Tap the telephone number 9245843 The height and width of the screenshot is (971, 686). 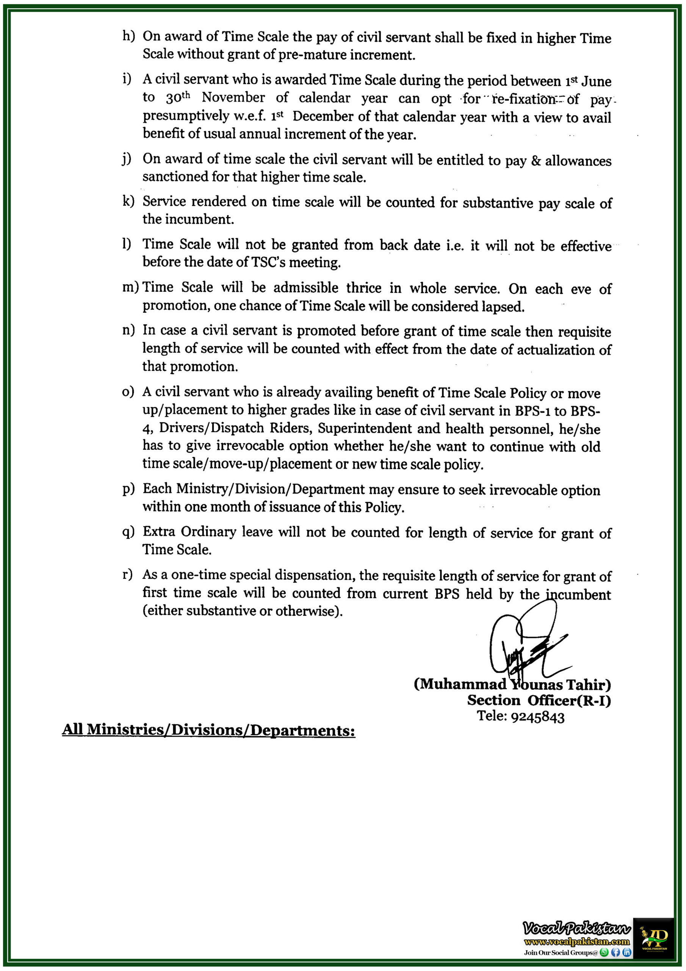click(x=538, y=717)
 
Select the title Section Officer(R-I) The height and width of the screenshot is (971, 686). click(x=539, y=700)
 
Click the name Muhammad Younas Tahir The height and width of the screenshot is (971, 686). click(x=512, y=684)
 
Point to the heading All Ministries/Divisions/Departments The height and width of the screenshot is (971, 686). click(x=208, y=730)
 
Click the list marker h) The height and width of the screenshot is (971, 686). click(x=128, y=36)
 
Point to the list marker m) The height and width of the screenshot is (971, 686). click(x=130, y=288)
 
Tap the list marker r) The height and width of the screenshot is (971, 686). click(x=128, y=575)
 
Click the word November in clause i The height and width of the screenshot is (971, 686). click(x=233, y=98)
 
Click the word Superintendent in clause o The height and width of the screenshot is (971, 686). click(x=364, y=428)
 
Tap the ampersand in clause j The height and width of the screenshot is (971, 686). click(x=536, y=161)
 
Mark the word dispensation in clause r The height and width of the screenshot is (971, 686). click(x=314, y=575)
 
